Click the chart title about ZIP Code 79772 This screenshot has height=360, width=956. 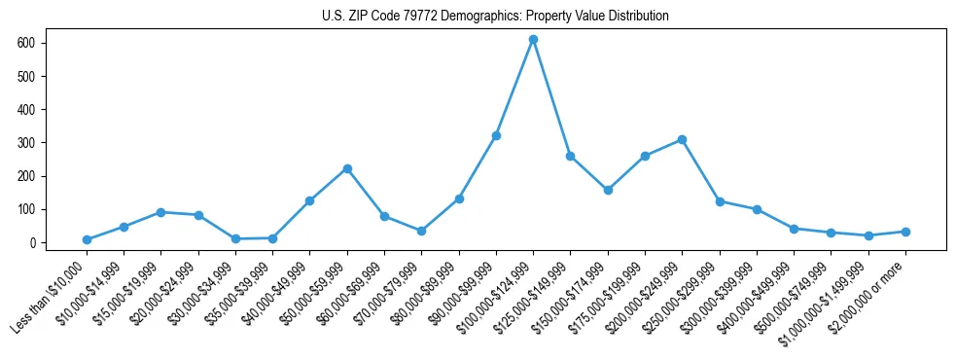pyautogui.click(x=495, y=17)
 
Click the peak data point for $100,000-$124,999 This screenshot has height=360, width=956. pyautogui.click(x=533, y=39)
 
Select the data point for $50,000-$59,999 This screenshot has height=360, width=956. pyautogui.click(x=347, y=168)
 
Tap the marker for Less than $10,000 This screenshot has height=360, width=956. pyautogui.click(x=87, y=239)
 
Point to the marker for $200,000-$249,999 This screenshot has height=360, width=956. pyautogui.click(x=682, y=139)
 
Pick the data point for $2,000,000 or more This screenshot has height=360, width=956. pyautogui.click(x=905, y=232)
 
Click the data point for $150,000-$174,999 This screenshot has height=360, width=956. pyautogui.click(x=608, y=190)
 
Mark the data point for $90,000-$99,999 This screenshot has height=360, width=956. pyautogui.click(x=496, y=135)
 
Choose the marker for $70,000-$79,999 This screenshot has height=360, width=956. pyautogui.click(x=421, y=231)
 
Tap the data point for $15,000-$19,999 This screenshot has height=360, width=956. pyautogui.click(x=161, y=212)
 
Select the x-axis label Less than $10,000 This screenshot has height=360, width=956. pyautogui.click(x=51, y=298)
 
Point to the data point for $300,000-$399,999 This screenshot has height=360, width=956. pyautogui.click(x=757, y=209)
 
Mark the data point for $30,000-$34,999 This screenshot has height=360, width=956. pyautogui.click(x=235, y=238)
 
